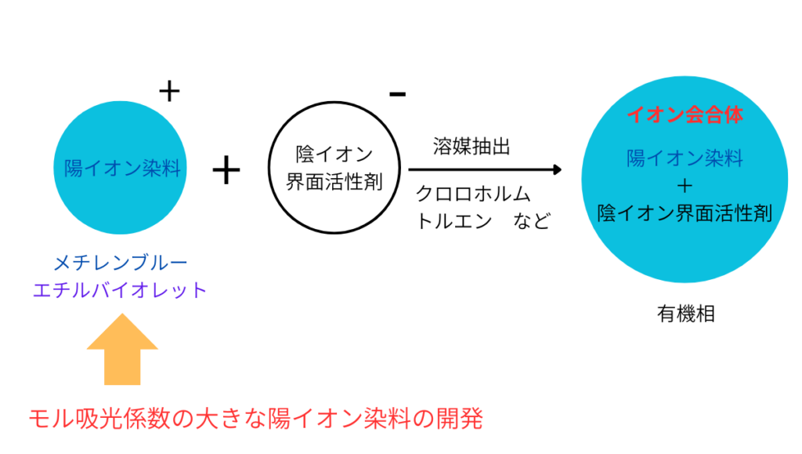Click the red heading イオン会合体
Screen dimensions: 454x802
tap(685, 115)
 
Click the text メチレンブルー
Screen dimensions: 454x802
tap(121, 263)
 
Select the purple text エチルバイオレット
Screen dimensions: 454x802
tap(121, 290)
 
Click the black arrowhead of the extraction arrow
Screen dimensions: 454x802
tap(557, 169)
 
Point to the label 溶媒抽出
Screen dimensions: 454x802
tap(470, 147)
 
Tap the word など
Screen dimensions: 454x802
tap(532, 221)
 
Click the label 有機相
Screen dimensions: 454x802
tap(685, 314)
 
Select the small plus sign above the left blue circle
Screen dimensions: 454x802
tap(169, 93)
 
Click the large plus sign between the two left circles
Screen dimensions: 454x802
tap(226, 170)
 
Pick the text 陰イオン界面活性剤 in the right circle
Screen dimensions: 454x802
tap(685, 213)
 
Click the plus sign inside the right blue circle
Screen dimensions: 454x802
tap(685, 186)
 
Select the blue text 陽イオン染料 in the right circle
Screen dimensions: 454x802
tap(685, 158)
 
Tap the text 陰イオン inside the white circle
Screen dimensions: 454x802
tap(334, 154)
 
